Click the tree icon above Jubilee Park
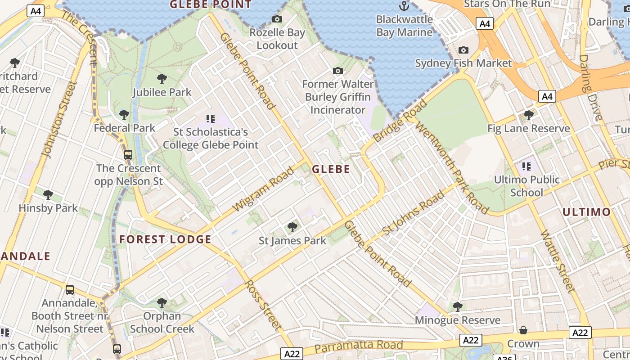[x=162, y=79]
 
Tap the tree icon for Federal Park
[x=124, y=114]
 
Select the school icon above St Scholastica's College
[x=210, y=119]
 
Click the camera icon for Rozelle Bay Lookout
[x=277, y=19]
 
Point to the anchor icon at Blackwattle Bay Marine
[x=404, y=6]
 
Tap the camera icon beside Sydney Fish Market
[x=463, y=50]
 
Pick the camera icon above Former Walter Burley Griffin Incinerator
[x=337, y=71]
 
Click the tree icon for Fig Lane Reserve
[x=529, y=115]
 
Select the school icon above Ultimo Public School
[x=526, y=166]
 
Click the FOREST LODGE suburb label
[x=165, y=239]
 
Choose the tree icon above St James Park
[x=292, y=227]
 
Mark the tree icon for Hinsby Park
[x=48, y=195]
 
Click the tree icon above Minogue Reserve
[x=457, y=307]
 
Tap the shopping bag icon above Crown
[x=523, y=331]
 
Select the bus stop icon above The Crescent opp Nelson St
[x=128, y=155]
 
